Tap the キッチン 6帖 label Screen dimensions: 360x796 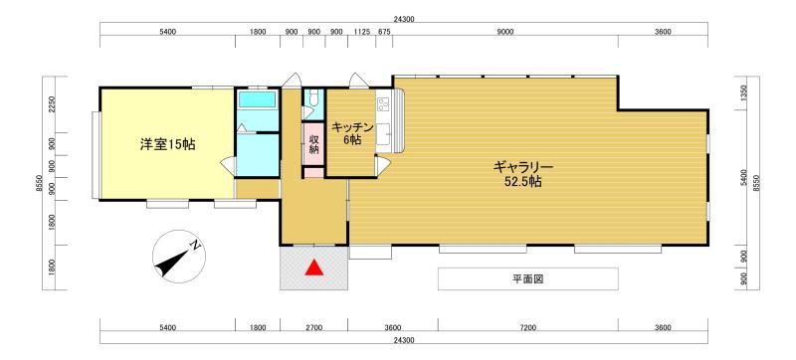tap(352, 133)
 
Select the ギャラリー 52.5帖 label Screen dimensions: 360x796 tap(520, 174)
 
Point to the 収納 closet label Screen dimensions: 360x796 tap(313, 143)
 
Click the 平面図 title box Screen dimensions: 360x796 tap(528, 279)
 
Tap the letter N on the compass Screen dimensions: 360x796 tap(197, 245)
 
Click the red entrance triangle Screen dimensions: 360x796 tap(313, 267)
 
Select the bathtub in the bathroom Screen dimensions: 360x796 tap(258, 101)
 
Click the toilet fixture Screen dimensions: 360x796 tap(313, 98)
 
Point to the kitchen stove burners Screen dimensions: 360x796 tap(382, 102)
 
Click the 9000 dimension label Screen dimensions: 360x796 tap(505, 33)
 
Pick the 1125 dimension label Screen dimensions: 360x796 tap(362, 33)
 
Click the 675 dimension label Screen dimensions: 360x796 tap(384, 33)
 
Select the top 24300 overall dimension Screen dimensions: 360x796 tap(404, 19)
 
